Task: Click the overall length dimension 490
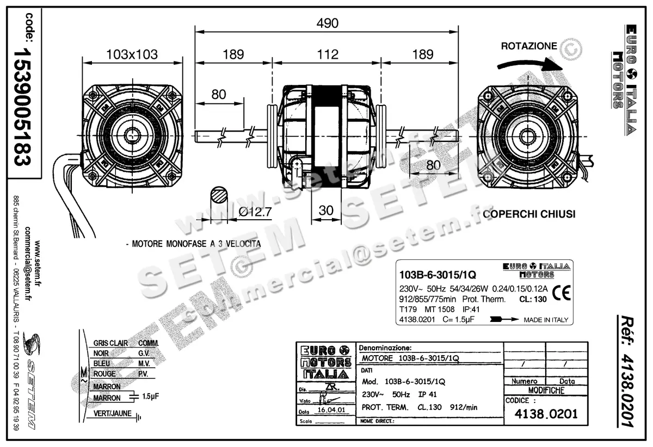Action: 327,23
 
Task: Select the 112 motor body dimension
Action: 328,54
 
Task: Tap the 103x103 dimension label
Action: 132,54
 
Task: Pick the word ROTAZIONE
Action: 528,46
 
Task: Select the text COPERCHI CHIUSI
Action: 529,214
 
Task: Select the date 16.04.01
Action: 330,411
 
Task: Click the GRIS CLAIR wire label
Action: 110,343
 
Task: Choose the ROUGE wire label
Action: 104,374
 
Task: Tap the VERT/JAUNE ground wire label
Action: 112,413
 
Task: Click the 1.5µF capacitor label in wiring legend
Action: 150,396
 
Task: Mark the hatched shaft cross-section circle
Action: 219,196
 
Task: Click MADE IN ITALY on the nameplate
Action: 545,320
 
